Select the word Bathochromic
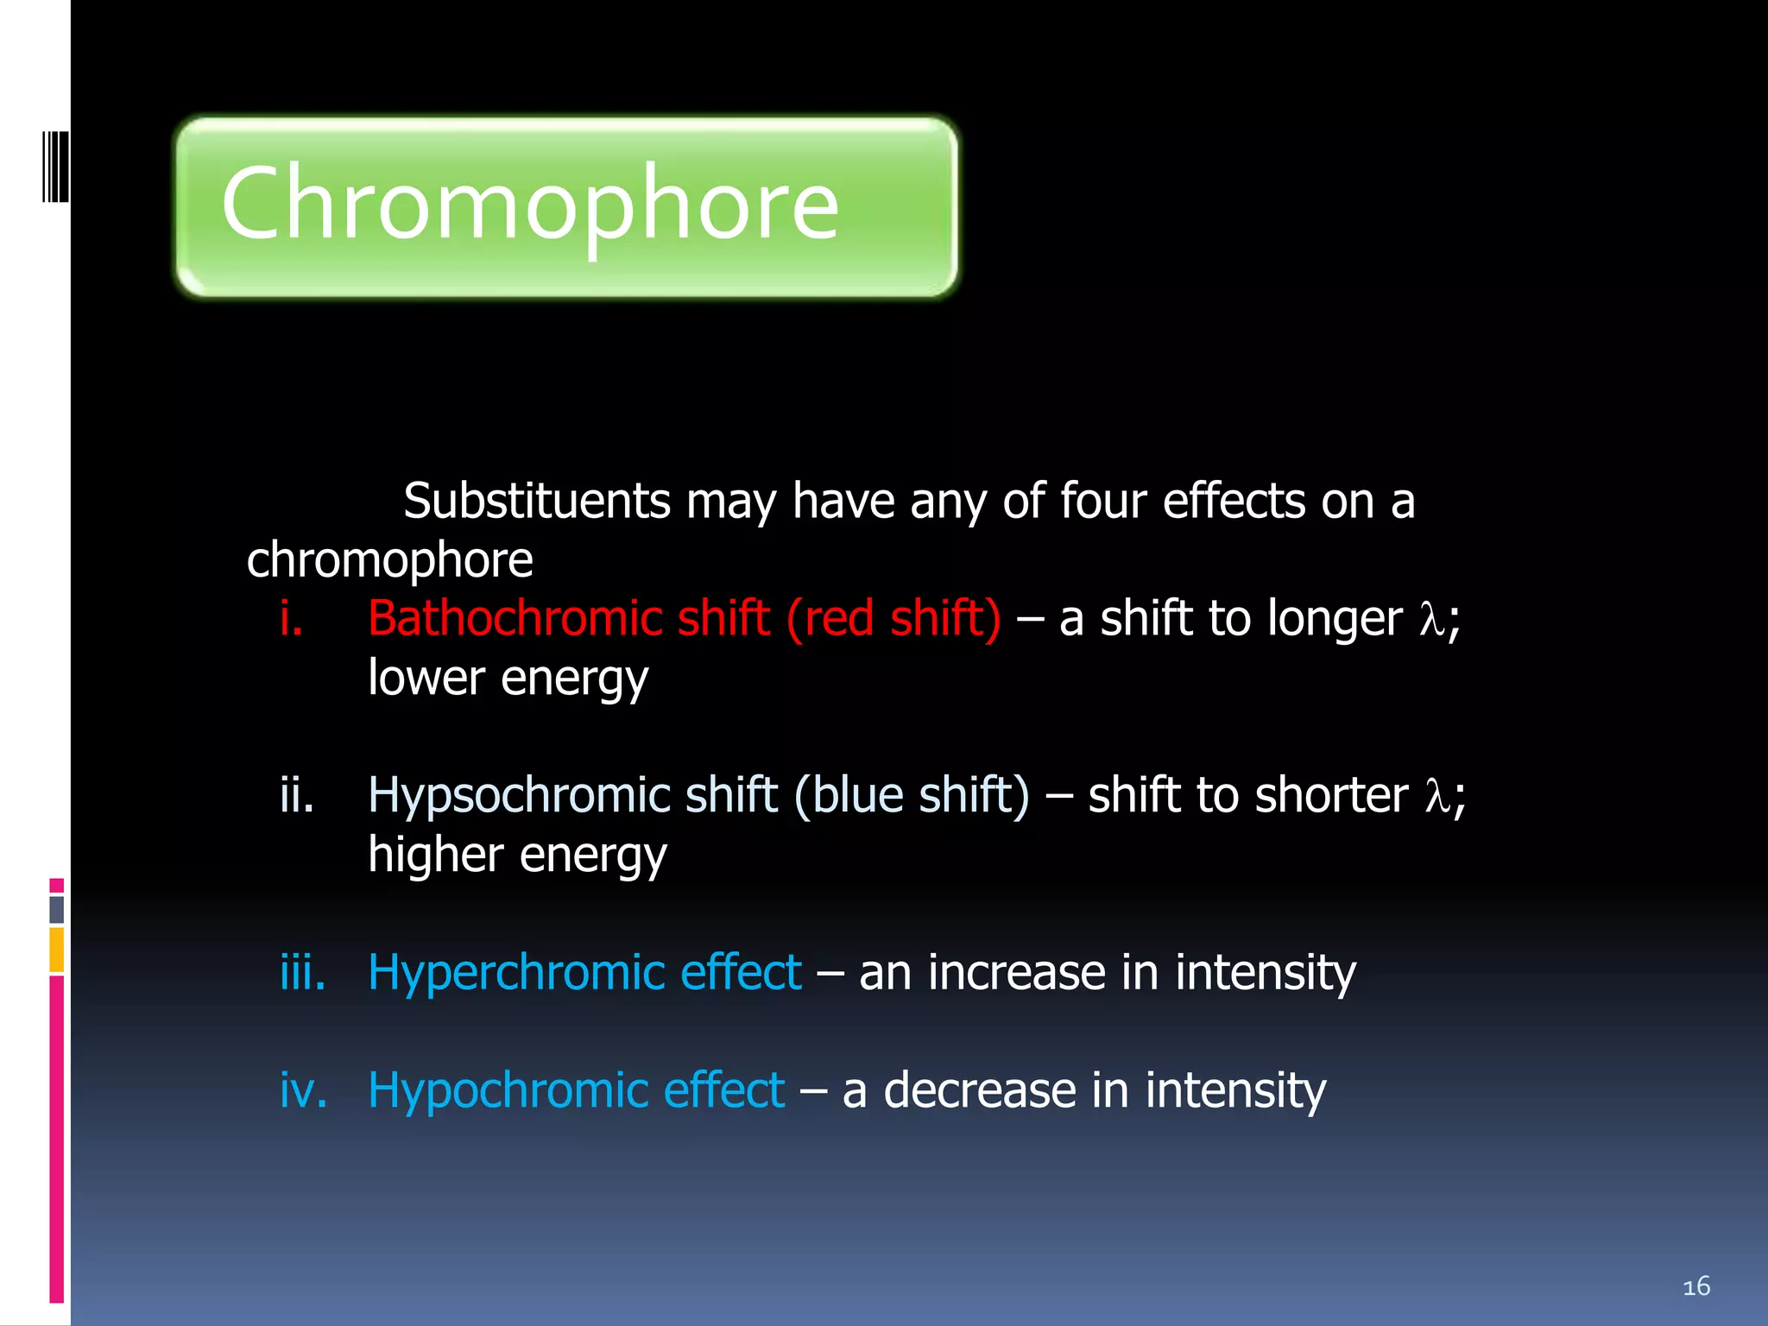tap(515, 619)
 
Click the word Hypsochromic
tap(519, 795)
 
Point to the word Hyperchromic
tap(515, 973)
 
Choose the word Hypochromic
tap(507, 1090)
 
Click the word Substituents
tap(536, 501)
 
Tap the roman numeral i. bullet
tap(291, 619)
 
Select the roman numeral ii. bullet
tap(296, 795)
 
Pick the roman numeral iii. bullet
tap(302, 973)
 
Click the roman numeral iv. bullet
tap(303, 1090)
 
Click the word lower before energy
tap(426, 678)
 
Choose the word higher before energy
tap(435, 855)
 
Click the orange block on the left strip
tap(57, 950)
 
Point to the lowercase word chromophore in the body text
tap(389, 560)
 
